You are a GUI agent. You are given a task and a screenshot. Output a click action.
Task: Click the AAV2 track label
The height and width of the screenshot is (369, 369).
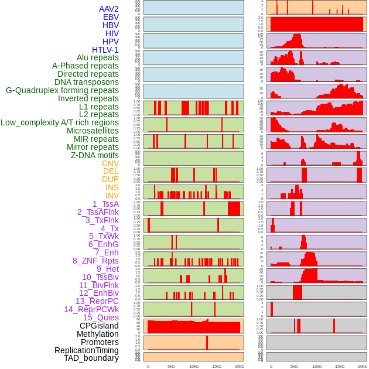point(109,9)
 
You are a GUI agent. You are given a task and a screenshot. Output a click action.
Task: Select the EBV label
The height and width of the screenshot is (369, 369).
point(111,18)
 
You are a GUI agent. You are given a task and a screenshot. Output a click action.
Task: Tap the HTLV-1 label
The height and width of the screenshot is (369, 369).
point(105,50)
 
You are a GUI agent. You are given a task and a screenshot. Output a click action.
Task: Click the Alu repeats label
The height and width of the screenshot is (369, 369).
point(98,58)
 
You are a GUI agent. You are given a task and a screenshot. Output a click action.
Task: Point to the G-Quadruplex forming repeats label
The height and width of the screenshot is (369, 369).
point(62,90)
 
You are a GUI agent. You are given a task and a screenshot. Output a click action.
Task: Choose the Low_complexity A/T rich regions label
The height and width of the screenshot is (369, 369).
point(60,122)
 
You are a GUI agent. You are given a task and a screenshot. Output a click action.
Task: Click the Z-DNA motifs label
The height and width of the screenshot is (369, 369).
point(95,155)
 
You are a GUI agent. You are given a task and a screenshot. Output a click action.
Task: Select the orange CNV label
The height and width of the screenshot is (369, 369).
point(110,163)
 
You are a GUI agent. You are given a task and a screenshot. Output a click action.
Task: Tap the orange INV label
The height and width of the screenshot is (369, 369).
point(112,196)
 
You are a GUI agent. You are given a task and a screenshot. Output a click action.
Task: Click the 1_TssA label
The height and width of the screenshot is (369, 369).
point(105,204)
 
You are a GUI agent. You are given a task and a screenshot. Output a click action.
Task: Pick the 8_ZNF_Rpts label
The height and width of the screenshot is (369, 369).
point(95,261)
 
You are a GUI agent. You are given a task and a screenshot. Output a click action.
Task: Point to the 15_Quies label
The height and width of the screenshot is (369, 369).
point(101,317)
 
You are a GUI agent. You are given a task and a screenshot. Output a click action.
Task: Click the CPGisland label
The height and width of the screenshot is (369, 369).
point(99,326)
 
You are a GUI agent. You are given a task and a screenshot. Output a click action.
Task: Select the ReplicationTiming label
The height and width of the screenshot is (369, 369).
point(87,350)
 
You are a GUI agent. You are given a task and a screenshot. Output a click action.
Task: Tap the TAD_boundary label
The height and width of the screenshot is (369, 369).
point(91,358)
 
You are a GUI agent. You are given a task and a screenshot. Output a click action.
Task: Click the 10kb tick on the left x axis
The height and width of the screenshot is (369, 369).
point(194,366)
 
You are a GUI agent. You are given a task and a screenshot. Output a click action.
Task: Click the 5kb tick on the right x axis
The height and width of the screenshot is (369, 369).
point(293,366)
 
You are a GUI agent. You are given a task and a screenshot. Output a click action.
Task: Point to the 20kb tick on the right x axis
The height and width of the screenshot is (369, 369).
point(363,366)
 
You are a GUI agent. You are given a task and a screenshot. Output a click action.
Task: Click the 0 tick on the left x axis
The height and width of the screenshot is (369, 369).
point(148,366)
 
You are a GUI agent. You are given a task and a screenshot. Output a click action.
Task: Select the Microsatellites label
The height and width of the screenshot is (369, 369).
point(93,131)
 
